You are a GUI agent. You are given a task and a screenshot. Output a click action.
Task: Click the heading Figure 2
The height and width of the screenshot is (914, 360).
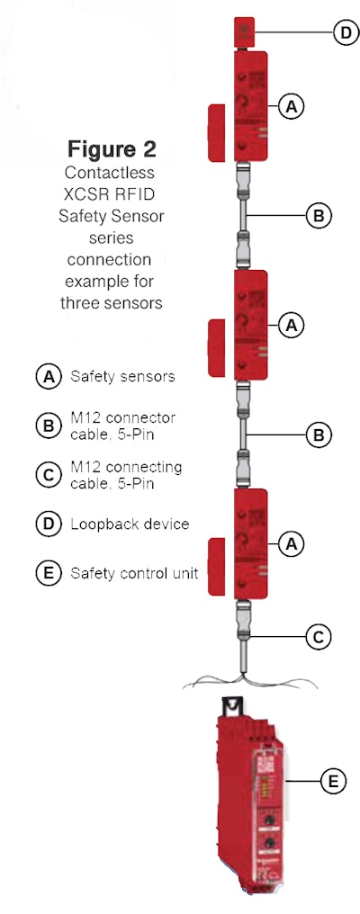(112, 148)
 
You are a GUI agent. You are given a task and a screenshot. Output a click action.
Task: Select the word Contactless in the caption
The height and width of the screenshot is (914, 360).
(112, 170)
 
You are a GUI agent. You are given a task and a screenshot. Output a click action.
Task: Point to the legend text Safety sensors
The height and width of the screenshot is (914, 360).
(122, 377)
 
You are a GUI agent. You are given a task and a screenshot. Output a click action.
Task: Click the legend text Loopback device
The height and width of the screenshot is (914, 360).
(130, 524)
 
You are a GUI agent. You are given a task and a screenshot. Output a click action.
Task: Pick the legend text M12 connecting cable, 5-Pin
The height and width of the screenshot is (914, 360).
(126, 474)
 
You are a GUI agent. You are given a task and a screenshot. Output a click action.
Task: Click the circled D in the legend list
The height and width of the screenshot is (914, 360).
(48, 524)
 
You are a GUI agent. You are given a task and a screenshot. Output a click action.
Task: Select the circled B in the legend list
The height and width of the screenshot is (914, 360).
(48, 426)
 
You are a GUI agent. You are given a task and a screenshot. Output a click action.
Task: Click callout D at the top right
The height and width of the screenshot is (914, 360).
(345, 33)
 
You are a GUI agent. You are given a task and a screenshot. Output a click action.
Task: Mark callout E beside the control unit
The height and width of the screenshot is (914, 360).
(333, 782)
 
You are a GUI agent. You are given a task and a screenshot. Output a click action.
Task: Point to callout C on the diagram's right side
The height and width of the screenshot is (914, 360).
(318, 637)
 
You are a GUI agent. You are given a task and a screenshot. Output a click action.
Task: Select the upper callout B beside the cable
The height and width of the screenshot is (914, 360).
(318, 215)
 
